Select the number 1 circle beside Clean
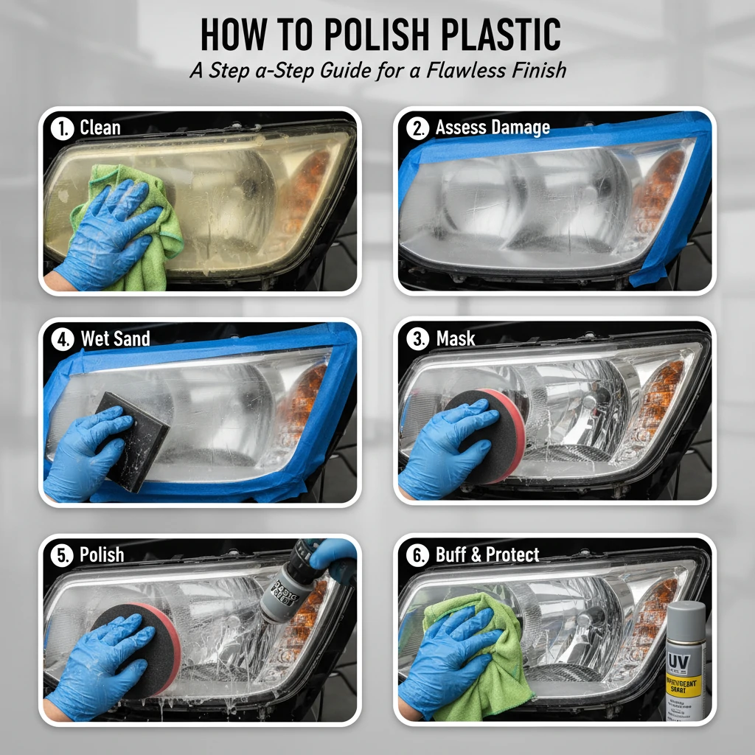[63, 128]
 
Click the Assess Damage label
[493, 128]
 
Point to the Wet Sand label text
[115, 338]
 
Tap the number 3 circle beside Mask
[418, 339]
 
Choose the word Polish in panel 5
[102, 554]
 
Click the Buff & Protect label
[487, 554]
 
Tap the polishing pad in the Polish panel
[147, 649]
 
